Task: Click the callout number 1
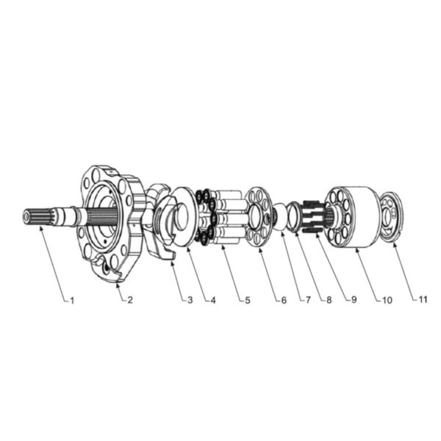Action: pyautogui.click(x=72, y=301)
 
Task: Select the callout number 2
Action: pyautogui.click(x=129, y=300)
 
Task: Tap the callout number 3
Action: pyautogui.click(x=190, y=300)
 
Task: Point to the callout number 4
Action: pyautogui.click(x=213, y=300)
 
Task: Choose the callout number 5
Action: pyautogui.click(x=247, y=300)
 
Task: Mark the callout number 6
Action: pyautogui.click(x=284, y=300)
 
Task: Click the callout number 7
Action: pyautogui.click(x=308, y=300)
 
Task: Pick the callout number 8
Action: pyautogui.click(x=329, y=300)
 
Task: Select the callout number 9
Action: pyautogui.click(x=354, y=300)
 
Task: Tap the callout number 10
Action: pyautogui.click(x=387, y=300)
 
